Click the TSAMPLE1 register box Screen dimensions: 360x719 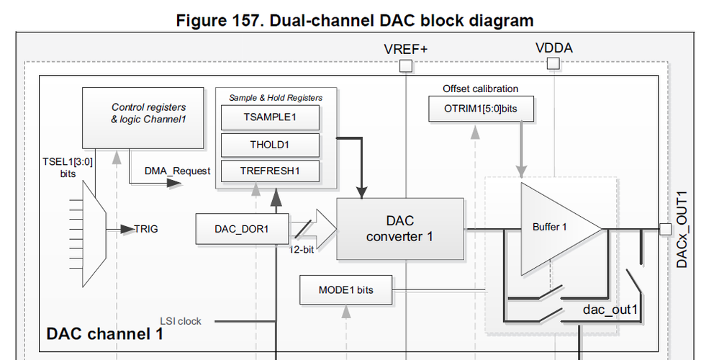click(270, 117)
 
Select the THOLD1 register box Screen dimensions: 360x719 click(270, 145)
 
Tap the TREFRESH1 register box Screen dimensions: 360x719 click(270, 171)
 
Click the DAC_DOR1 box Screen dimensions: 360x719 click(242, 228)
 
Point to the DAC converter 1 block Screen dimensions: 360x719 click(400, 229)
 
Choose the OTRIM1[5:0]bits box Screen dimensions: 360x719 click(481, 109)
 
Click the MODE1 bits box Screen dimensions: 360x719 click(346, 291)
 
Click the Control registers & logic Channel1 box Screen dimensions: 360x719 click(148, 116)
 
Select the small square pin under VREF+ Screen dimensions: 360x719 click(406, 66)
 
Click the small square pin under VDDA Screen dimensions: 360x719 click(553, 63)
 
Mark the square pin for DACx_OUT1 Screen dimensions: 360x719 click(666, 229)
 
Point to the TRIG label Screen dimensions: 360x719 click(146, 229)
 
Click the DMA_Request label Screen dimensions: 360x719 click(177, 171)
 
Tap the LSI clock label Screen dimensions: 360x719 click(180, 320)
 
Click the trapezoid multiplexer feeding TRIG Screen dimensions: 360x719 click(94, 230)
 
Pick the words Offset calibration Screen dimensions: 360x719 click(480, 89)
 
